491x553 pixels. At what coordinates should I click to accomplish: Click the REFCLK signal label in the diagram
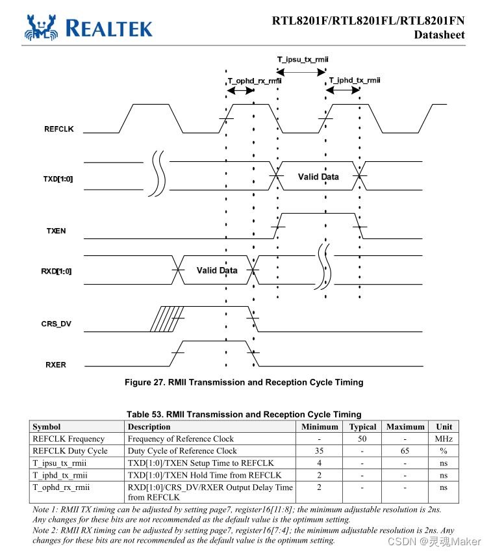coord(58,129)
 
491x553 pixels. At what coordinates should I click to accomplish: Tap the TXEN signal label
coord(56,231)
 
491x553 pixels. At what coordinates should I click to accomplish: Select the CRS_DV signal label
coord(56,323)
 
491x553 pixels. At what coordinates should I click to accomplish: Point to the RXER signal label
coord(56,365)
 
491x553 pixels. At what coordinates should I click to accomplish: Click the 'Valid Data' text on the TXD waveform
coord(318,177)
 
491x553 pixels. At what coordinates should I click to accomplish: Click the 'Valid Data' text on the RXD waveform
coord(217,270)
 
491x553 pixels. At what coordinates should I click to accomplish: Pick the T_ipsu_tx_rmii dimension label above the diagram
coord(303,60)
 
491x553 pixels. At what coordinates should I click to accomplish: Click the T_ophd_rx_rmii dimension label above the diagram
coord(254,81)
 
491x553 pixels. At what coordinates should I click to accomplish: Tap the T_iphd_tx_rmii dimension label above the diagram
coord(354,81)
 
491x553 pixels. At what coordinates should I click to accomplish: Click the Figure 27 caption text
coord(244,382)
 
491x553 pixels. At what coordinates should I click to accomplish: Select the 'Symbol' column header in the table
coord(46,427)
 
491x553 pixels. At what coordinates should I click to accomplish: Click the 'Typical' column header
coord(362,427)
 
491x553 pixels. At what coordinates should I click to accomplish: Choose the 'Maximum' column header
coord(405,427)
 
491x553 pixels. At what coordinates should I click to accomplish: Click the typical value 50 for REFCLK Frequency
coord(362,439)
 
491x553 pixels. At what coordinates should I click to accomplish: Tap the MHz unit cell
coord(444,439)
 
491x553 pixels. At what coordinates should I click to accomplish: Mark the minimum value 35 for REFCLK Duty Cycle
coord(320,451)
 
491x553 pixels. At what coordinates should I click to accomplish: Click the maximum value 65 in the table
coord(405,451)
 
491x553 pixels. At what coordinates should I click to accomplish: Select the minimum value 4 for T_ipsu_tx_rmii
coord(320,463)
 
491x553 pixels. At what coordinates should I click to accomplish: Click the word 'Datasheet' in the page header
coord(440,34)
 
